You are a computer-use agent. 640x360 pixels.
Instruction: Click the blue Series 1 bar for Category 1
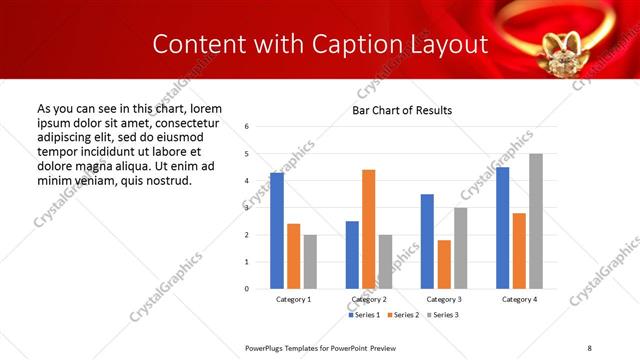tap(277, 231)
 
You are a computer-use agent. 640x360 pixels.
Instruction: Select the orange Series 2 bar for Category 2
tap(368, 229)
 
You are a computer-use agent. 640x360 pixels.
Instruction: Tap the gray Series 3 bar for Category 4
tap(536, 221)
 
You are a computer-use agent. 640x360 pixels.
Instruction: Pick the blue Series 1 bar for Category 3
tap(427, 241)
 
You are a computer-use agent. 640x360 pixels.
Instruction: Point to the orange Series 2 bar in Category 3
tap(444, 264)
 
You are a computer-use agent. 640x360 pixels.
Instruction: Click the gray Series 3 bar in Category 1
tap(310, 261)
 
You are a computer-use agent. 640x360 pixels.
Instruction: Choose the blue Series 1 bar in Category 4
tap(502, 228)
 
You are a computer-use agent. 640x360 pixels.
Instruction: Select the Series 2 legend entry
tap(404, 315)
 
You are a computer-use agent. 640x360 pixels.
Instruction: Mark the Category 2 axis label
tap(368, 300)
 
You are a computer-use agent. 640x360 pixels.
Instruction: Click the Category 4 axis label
tap(519, 300)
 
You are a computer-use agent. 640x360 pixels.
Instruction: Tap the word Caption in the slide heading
tap(354, 44)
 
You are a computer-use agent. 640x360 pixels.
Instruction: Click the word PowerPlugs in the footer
tap(265, 347)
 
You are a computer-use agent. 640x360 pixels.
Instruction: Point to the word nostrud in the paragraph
tap(165, 181)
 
